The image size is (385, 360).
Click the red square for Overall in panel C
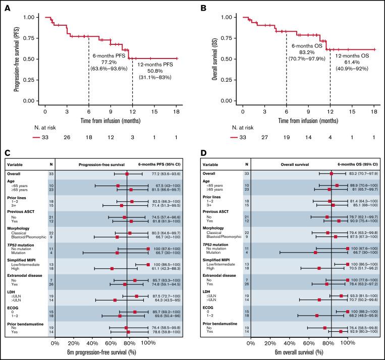(127, 173)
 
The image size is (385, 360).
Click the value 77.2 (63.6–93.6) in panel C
(169, 173)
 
